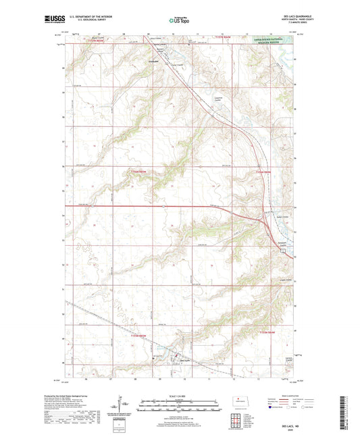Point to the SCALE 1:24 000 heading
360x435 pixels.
coord(180,396)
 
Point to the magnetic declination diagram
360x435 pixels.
coord(126,407)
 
